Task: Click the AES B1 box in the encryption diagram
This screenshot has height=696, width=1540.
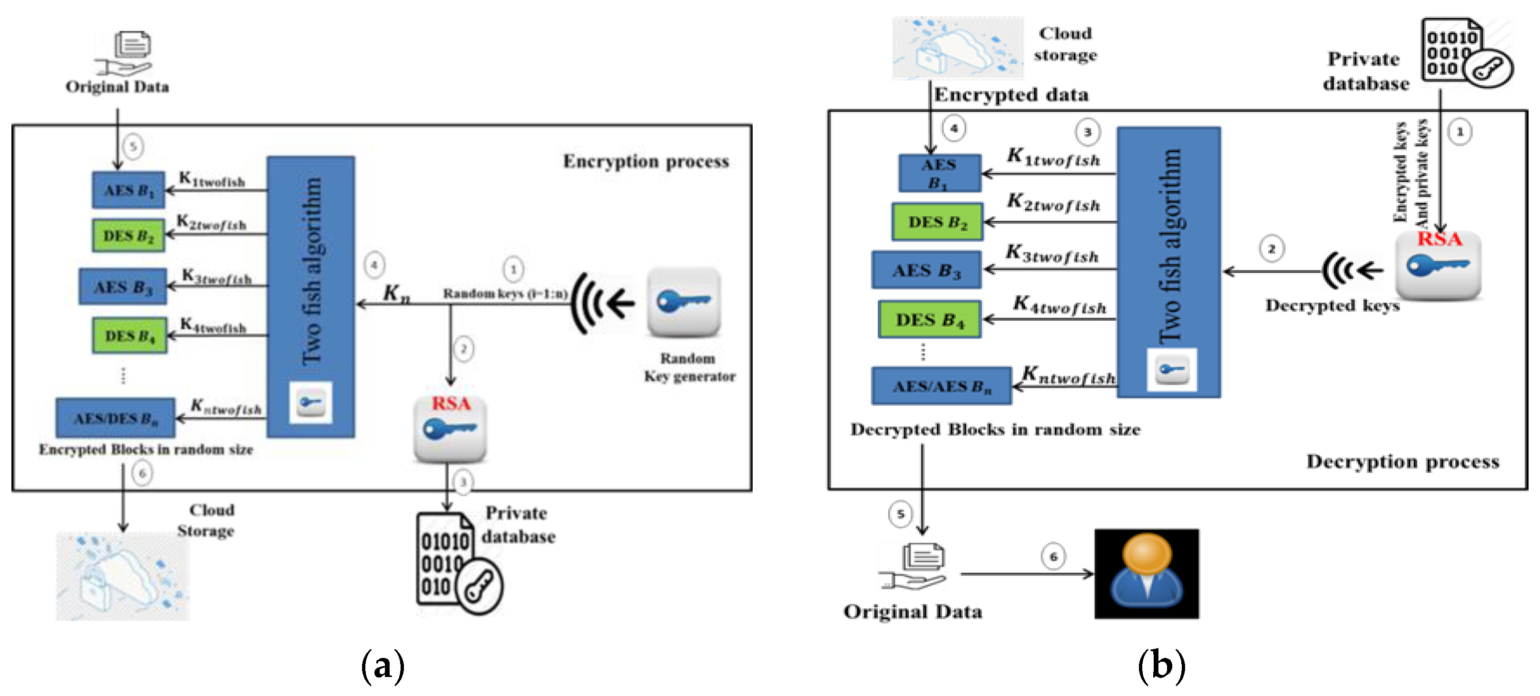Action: (x=128, y=190)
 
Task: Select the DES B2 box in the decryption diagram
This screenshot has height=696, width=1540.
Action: (x=937, y=222)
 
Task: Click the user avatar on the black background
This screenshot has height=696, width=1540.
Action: (x=1146, y=573)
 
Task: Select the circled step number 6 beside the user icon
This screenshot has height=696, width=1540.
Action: (x=1053, y=557)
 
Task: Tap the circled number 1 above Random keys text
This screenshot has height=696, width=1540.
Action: (x=513, y=270)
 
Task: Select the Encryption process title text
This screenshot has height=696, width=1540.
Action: (x=646, y=161)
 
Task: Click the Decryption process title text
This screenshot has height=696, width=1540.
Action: (x=1402, y=461)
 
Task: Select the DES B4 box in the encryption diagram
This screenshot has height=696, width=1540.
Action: (x=129, y=335)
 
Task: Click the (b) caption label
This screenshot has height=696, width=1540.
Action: (x=1161, y=665)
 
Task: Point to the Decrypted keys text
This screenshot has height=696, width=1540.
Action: (x=1332, y=305)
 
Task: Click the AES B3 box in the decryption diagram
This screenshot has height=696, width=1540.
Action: (x=925, y=270)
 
